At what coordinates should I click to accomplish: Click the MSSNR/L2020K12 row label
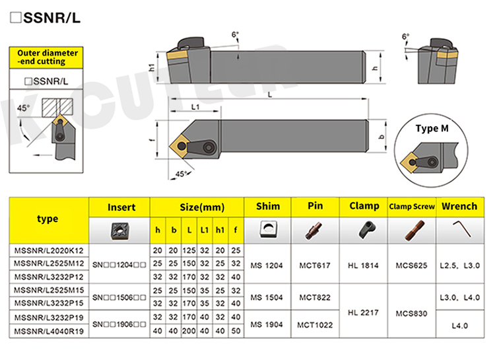pyautogui.click(x=49, y=250)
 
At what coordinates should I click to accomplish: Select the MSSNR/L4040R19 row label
pyautogui.click(x=49, y=331)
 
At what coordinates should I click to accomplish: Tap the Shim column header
pyautogui.click(x=268, y=206)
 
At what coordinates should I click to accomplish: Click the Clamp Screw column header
pyautogui.click(x=412, y=207)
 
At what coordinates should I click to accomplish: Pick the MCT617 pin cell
pyautogui.click(x=315, y=266)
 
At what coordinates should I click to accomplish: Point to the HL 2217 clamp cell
pyautogui.click(x=363, y=313)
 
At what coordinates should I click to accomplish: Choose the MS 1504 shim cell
pyautogui.click(x=267, y=297)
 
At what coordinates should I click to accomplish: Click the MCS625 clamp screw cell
pyautogui.click(x=411, y=266)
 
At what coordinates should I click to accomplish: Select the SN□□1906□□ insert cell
pyautogui.click(x=119, y=324)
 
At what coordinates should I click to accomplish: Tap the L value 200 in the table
pyautogui.click(x=189, y=331)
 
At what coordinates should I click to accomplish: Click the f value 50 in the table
pyautogui.click(x=236, y=331)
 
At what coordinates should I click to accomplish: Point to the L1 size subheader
pyautogui.click(x=204, y=230)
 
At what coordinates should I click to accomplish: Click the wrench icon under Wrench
pyautogui.click(x=462, y=229)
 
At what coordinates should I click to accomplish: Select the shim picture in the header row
pyautogui.click(x=268, y=229)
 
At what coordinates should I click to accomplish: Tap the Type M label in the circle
pyautogui.click(x=432, y=128)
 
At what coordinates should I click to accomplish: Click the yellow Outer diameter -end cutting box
pyautogui.click(x=46, y=57)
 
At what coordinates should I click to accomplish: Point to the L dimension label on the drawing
pyautogui.click(x=270, y=94)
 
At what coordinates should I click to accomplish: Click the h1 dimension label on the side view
pyautogui.click(x=152, y=67)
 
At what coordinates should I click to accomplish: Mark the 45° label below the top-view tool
pyautogui.click(x=181, y=174)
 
